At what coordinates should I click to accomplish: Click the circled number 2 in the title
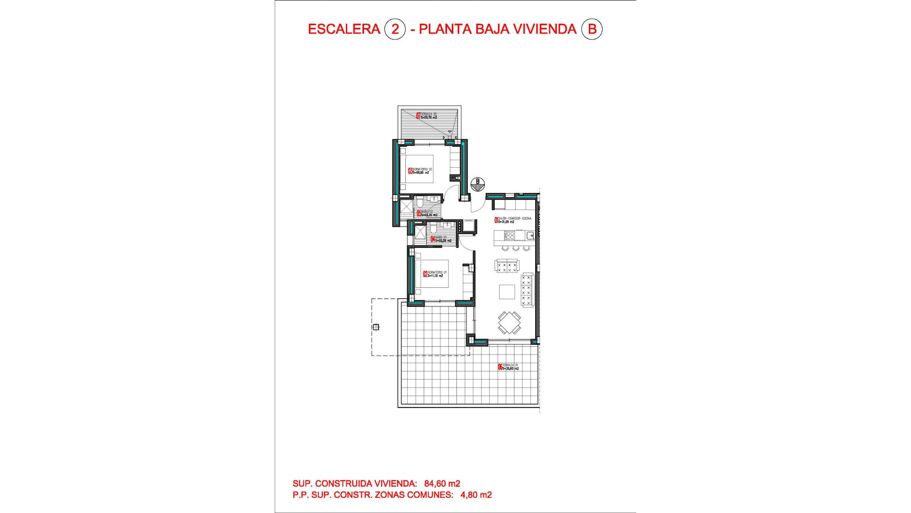click(395, 29)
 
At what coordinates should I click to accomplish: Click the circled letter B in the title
click(592, 29)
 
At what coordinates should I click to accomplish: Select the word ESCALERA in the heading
click(344, 29)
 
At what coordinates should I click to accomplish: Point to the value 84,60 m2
click(442, 484)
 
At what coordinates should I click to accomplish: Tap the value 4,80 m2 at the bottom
click(476, 495)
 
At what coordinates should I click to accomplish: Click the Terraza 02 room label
click(427, 115)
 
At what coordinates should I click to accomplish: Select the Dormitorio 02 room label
click(420, 171)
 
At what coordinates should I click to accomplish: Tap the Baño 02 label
click(427, 213)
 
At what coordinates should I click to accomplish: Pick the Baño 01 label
click(441, 239)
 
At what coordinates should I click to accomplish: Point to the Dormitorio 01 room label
click(435, 274)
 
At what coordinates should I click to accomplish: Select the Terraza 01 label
click(508, 367)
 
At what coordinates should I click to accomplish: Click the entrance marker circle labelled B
click(478, 184)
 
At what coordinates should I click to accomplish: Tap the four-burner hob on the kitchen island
click(510, 235)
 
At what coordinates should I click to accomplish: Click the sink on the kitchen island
click(530, 235)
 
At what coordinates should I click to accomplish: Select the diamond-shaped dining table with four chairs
click(509, 323)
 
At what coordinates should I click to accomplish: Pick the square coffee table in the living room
click(507, 292)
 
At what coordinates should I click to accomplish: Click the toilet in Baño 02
click(420, 204)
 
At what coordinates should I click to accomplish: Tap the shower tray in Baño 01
click(420, 232)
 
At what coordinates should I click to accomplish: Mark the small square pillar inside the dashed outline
click(376, 327)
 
